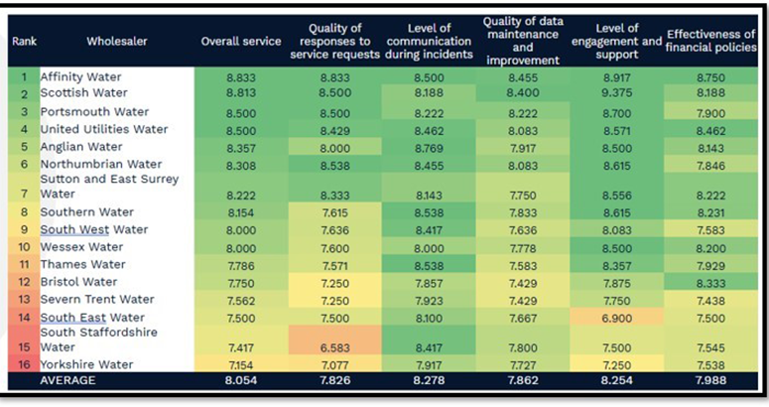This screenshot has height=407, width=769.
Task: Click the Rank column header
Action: (22, 42)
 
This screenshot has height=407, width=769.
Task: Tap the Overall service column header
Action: (241, 42)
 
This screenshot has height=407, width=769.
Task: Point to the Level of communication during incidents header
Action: (428, 42)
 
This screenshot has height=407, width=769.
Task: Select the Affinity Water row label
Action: (81, 76)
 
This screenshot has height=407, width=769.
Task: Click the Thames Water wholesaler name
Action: (83, 265)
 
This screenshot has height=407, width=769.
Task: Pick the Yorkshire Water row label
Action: (87, 365)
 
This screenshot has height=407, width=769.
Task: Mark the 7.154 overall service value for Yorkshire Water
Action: (241, 365)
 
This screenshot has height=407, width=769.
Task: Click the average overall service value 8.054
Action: (241, 381)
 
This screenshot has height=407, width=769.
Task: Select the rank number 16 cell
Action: (22, 365)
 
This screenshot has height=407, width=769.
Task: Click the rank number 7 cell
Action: (22, 194)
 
